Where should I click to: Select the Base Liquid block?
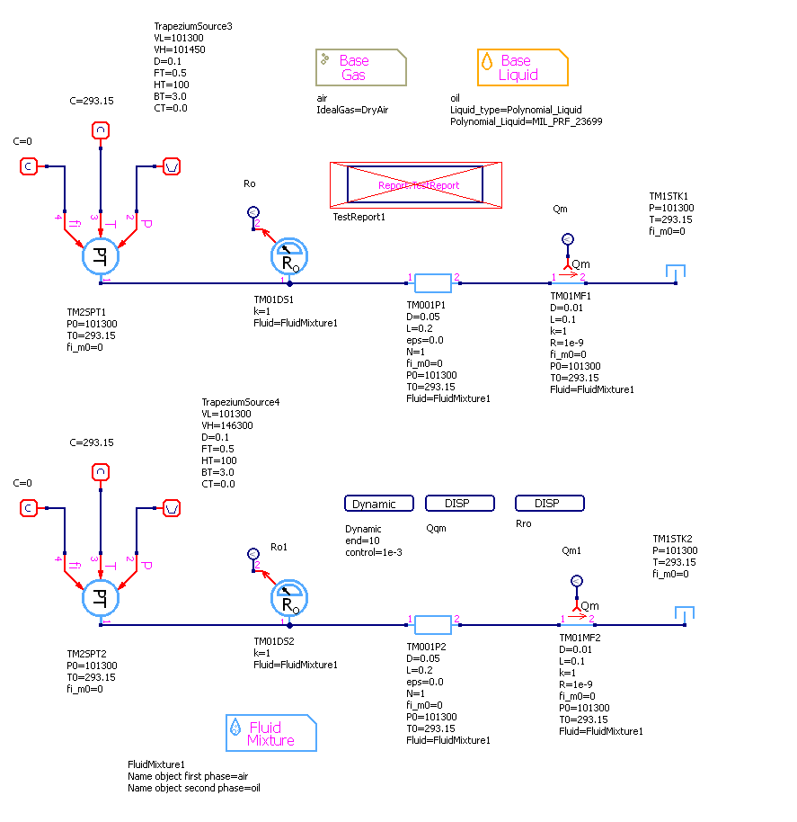click(x=522, y=67)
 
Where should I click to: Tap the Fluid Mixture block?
click(x=270, y=733)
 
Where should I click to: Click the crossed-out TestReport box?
click(x=416, y=185)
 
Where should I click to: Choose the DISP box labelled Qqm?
click(x=459, y=504)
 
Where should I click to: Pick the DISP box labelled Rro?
click(x=549, y=504)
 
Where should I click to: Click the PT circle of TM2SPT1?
click(x=100, y=257)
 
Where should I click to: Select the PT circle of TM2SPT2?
click(x=100, y=599)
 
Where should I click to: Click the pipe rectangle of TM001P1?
click(x=433, y=283)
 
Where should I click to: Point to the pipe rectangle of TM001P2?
click(x=433, y=625)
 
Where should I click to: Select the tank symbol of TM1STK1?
click(x=675, y=272)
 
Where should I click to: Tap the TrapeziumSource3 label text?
click(x=193, y=27)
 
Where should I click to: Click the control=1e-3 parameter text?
click(x=374, y=552)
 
